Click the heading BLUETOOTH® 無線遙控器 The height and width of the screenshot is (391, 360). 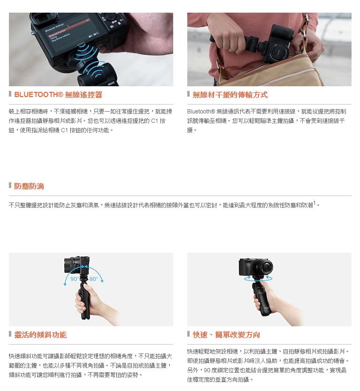[x=58, y=95]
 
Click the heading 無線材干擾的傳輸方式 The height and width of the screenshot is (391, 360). [x=230, y=95]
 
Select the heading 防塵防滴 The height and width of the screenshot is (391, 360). [x=29, y=186]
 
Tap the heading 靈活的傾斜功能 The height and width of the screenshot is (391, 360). [x=40, y=335]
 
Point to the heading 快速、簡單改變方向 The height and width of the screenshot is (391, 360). [x=226, y=335]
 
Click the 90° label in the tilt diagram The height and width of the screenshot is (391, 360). [x=75, y=279]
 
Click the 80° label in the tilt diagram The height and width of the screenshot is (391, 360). [x=93, y=279]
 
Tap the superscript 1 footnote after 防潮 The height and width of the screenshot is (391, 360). [x=314, y=203]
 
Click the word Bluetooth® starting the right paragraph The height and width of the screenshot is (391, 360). [x=201, y=112]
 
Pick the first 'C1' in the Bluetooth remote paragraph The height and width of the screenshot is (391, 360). [x=155, y=121]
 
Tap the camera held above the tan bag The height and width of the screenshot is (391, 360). [x=278, y=45]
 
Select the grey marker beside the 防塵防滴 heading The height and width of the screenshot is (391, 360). [x=10, y=185]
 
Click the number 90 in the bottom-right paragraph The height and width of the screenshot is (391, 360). [x=207, y=370]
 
